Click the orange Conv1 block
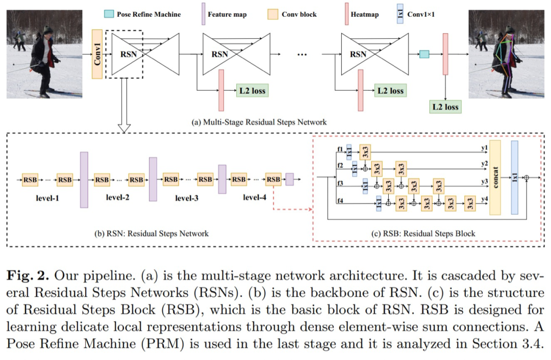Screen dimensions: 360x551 97,54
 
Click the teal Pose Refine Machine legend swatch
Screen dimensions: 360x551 109,14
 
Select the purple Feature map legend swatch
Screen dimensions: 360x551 203,14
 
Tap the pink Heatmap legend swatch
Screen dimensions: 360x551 345,14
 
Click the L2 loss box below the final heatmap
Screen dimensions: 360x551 445,107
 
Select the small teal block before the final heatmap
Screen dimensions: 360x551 424,54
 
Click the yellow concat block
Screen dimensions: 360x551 495,177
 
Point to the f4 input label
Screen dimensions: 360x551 340,200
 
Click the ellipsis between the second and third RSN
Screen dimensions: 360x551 302,54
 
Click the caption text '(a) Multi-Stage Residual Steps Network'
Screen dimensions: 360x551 259,122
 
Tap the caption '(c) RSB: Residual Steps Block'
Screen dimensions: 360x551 423,234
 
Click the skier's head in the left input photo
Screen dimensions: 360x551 48,31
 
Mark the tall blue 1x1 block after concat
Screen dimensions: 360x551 514,177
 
